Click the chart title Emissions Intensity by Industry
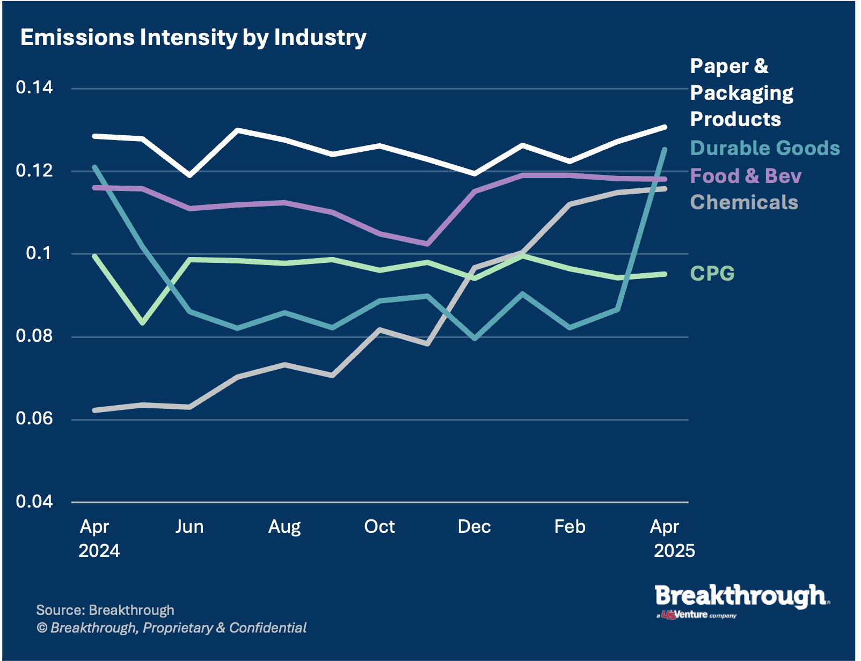(x=193, y=38)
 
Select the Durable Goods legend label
(x=765, y=148)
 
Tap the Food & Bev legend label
(x=746, y=176)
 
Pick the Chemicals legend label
(x=744, y=202)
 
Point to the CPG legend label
(x=712, y=274)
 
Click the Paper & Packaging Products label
(x=741, y=93)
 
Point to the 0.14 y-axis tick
(x=34, y=87)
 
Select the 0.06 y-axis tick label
(x=34, y=418)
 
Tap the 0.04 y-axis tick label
(x=34, y=502)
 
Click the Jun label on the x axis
(x=189, y=526)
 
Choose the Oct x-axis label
(x=379, y=526)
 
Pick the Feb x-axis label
(x=570, y=526)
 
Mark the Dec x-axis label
(x=474, y=526)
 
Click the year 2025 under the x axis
(x=674, y=551)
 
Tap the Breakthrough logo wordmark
(x=741, y=597)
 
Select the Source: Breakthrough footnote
(x=105, y=610)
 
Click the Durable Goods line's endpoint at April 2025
(x=665, y=150)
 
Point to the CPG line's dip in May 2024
(x=143, y=323)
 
